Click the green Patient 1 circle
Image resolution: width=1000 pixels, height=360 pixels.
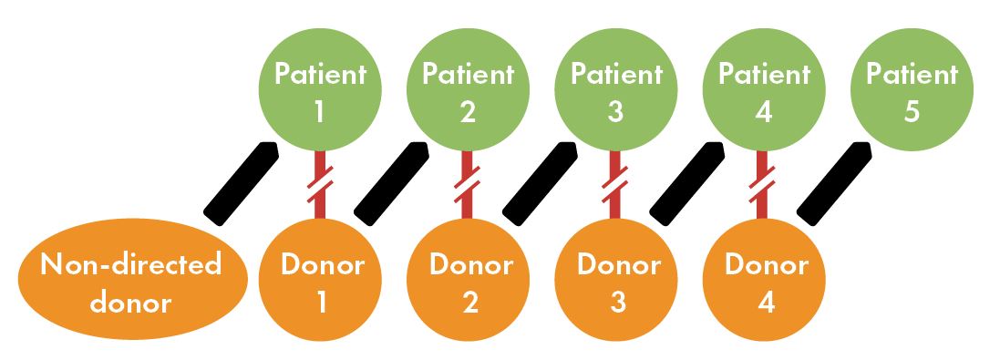pos(318,91)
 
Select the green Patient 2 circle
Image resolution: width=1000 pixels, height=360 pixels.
pos(468,91)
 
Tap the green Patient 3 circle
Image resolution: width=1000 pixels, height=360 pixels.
pos(615,91)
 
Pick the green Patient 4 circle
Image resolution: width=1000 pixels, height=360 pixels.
pos(764,91)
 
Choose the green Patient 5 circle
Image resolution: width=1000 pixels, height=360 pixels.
pos(912,91)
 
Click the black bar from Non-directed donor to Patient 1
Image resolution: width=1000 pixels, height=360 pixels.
pos(241,182)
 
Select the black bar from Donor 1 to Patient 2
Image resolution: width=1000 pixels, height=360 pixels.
pos(390,182)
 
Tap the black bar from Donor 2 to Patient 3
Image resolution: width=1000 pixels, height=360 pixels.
pos(539,182)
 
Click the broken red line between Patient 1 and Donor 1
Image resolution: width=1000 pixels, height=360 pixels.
pos(320,183)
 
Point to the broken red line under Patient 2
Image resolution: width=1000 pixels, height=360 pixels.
pos(468,183)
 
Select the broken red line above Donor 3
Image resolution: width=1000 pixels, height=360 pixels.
pos(616,183)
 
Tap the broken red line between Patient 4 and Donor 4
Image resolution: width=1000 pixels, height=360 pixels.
pos(764,183)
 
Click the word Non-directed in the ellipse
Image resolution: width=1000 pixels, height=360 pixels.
pos(133,266)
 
